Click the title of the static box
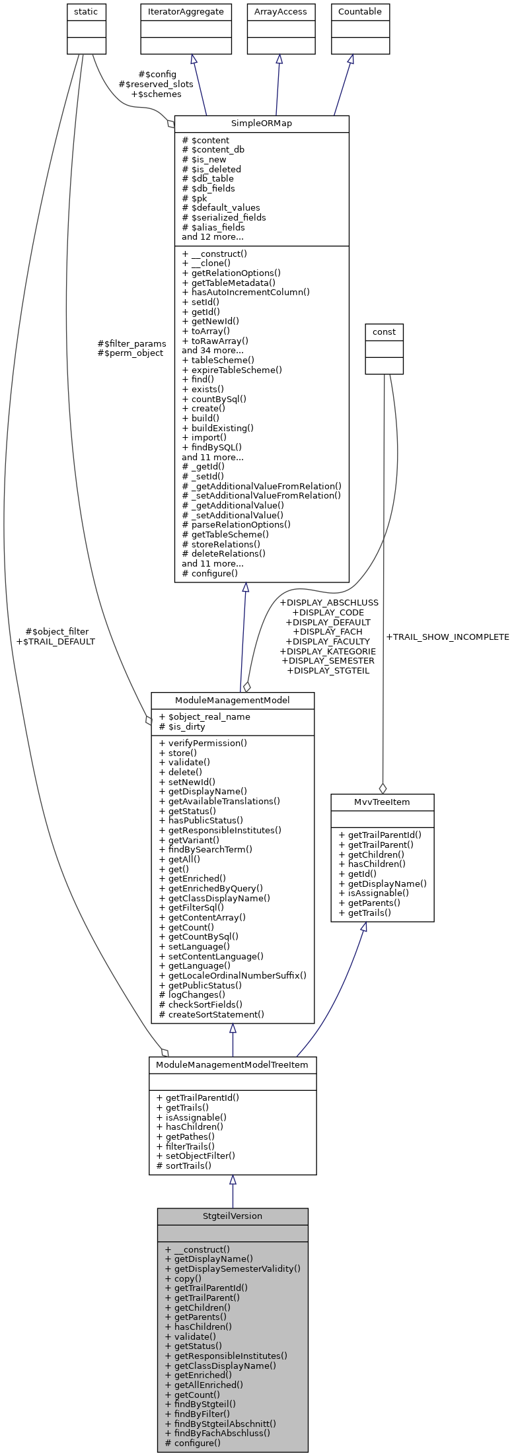coord(87,12)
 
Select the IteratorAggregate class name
coord(186,12)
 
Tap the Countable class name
coord(360,12)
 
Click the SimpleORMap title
coord(262,123)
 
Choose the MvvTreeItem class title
coord(383,802)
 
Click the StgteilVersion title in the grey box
coord(233,1216)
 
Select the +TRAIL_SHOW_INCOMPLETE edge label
coord(447,637)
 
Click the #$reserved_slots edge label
coord(156,85)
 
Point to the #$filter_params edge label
coord(131,343)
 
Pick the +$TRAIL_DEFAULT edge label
coord(55,641)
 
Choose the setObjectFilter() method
coord(196,1156)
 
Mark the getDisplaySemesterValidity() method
coord(233,1268)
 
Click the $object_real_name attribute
coord(204,717)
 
